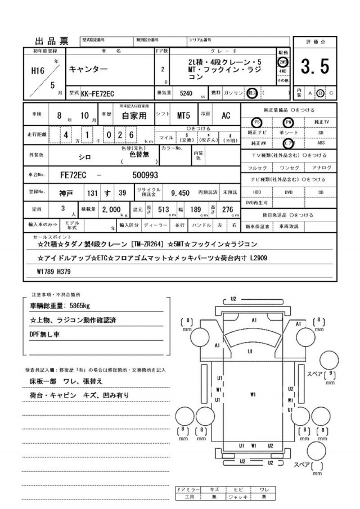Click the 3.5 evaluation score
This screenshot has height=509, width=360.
(315, 67)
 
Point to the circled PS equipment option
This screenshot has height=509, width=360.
(257, 121)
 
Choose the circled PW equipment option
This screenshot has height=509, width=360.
(289, 121)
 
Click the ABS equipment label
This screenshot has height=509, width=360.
(321, 143)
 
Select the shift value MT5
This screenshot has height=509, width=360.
(183, 116)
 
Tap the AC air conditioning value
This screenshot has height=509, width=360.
(226, 116)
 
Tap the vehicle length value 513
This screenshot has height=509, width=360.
(164, 209)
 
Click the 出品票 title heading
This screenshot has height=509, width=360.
(52, 40)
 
